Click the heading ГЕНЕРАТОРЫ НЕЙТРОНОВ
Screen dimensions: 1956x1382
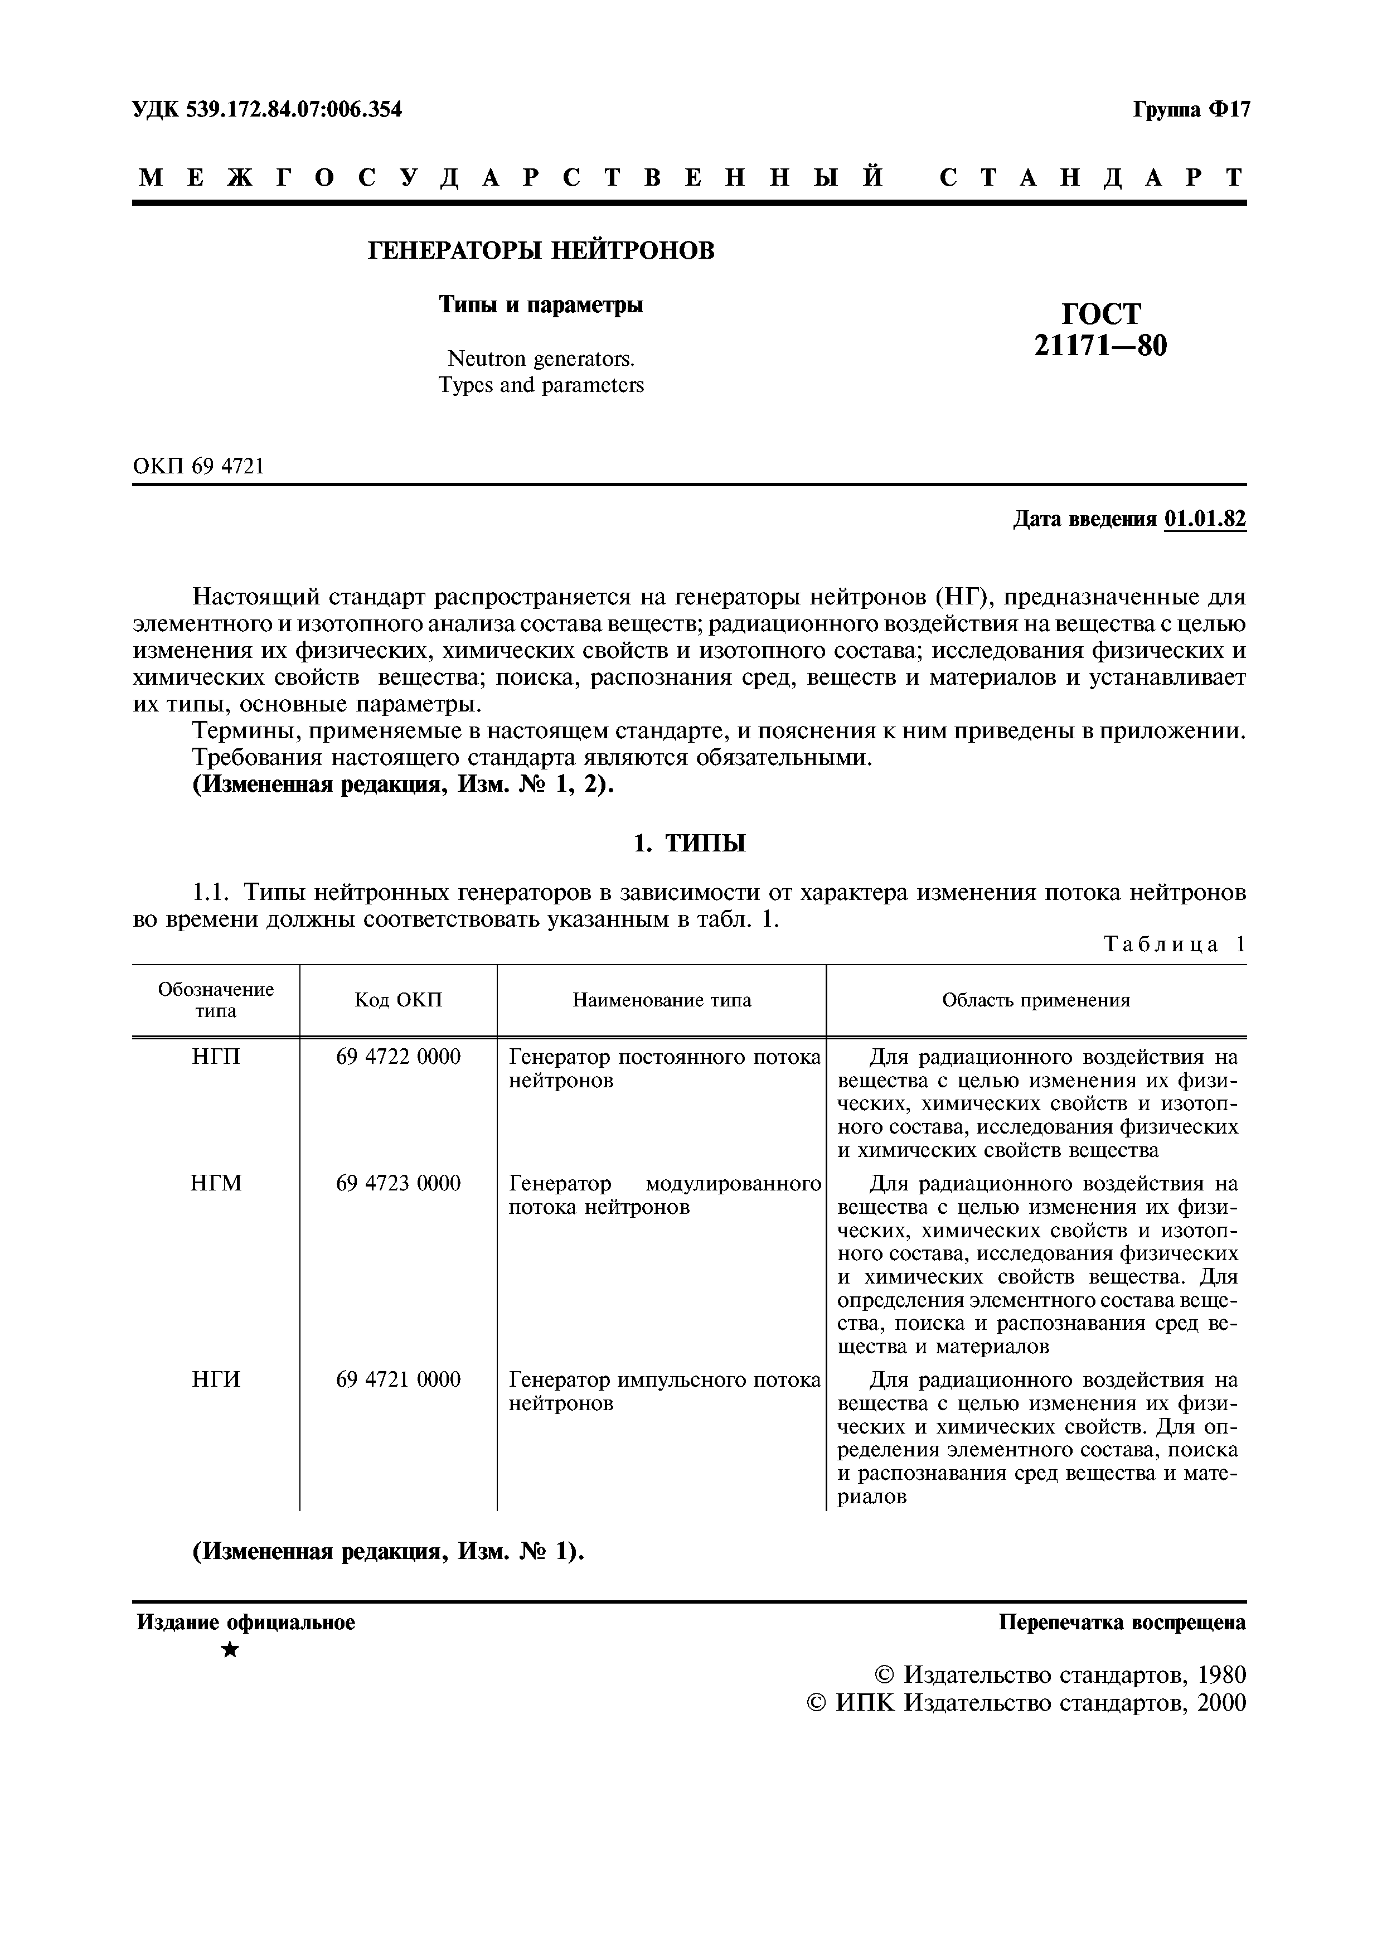pos(541,251)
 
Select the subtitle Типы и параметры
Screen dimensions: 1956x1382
pos(541,305)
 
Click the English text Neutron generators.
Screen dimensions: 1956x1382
pos(541,358)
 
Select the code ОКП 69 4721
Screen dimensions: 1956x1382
pos(198,466)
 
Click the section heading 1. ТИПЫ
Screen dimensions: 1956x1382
pos(690,844)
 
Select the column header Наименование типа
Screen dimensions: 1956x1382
pos(662,1000)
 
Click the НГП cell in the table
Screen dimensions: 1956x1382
pos(216,1057)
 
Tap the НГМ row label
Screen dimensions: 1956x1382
pos(216,1183)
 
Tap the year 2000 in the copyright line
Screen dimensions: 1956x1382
pos(1219,1703)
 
